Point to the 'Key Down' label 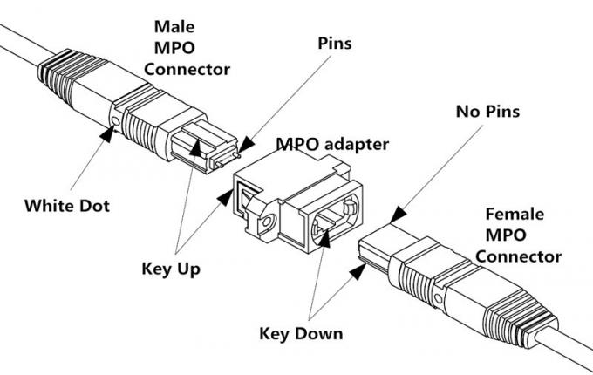301,333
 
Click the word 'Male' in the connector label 174,27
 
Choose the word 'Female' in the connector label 515,214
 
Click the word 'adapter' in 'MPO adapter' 358,141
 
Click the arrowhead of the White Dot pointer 110,133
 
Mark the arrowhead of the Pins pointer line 245,143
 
